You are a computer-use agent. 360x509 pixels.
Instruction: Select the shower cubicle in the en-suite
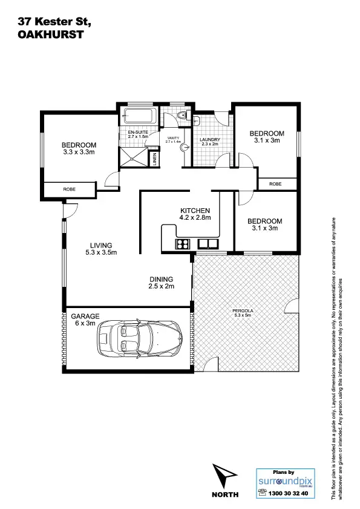[x=136, y=157]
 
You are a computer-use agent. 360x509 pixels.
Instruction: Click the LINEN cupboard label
[x=155, y=159]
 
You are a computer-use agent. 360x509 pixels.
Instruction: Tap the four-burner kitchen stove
[x=183, y=245]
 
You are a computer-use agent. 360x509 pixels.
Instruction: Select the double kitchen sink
[x=208, y=245]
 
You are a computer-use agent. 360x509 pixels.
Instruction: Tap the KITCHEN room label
[x=194, y=210]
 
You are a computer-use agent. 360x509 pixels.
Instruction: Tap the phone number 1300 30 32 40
[x=287, y=493]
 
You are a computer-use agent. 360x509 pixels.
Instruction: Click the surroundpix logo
[x=283, y=481]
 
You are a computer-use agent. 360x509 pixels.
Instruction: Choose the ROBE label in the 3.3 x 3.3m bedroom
[x=69, y=189]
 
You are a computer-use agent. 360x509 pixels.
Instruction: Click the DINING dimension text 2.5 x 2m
[x=162, y=286]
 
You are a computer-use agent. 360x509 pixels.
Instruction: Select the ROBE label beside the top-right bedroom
[x=275, y=183]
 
